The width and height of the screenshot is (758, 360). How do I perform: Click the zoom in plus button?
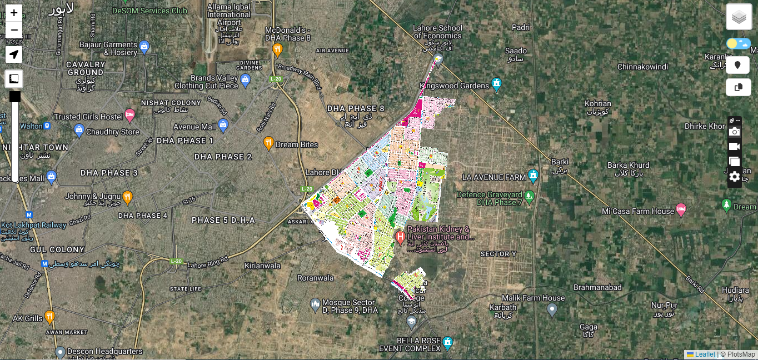[14, 13]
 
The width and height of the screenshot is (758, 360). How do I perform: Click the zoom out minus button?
[14, 30]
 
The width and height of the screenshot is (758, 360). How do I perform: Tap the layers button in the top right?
[739, 17]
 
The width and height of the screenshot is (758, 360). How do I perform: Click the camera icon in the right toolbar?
[734, 132]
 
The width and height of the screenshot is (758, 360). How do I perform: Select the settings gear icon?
[734, 177]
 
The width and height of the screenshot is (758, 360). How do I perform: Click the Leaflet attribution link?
[705, 354]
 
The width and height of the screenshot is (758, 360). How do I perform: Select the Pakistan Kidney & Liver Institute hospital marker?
[400, 238]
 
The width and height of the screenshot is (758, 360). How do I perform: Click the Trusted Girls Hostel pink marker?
[130, 115]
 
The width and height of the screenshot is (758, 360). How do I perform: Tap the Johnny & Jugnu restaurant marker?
[128, 197]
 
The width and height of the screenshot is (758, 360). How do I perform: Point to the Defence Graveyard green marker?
[530, 196]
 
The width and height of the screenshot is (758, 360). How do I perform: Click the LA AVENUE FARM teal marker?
[533, 176]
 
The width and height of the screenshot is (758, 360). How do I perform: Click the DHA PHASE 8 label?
[356, 108]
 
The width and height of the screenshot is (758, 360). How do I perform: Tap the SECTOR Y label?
[498, 254]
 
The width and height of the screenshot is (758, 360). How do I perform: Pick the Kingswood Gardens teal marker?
[497, 84]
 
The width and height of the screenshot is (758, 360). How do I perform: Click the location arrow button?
[14, 54]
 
